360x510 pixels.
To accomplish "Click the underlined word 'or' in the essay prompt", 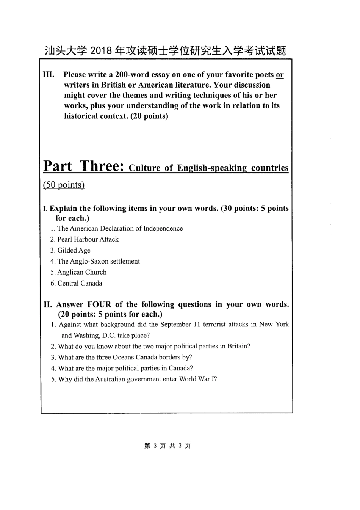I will coord(280,75).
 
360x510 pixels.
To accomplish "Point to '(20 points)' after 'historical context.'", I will coord(149,116).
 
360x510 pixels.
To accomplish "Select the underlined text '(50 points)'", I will coord(64,185).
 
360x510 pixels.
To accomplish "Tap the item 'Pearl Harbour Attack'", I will coord(88,239).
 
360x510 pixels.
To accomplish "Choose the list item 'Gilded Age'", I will coord(74,250).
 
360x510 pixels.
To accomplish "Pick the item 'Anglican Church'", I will coord(82,272).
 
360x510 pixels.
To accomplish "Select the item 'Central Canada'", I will coord(80,283).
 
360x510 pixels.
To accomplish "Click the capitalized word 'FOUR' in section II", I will coord(99,304).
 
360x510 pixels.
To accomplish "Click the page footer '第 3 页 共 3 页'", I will coord(167,446).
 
